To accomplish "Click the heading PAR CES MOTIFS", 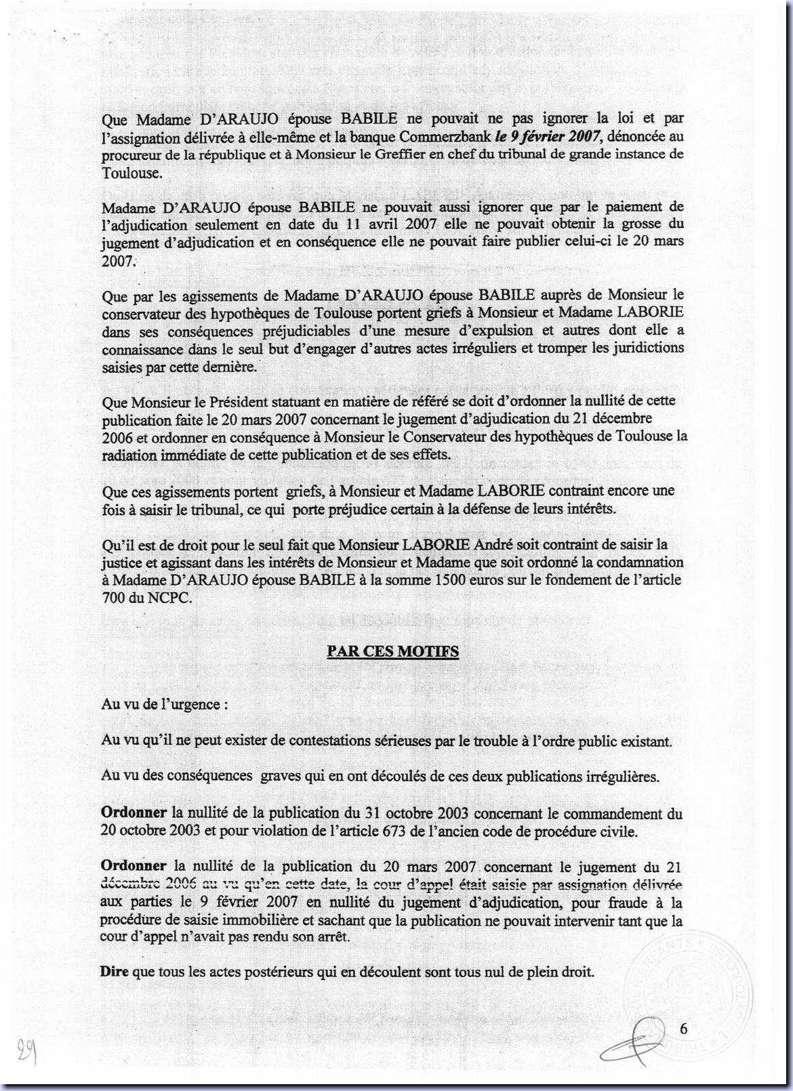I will [x=392, y=652].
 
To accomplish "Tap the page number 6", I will [x=683, y=1029].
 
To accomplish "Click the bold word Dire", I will [x=115, y=972].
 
